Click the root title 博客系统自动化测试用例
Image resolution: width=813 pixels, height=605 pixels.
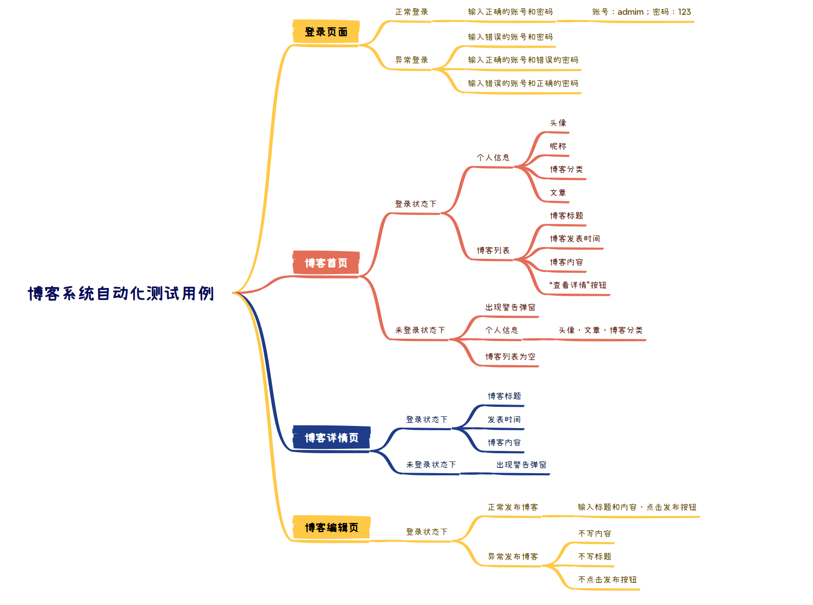121,294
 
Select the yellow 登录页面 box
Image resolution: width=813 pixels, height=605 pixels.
326,32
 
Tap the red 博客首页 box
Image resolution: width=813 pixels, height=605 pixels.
326,263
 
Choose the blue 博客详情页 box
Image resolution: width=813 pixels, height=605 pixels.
331,438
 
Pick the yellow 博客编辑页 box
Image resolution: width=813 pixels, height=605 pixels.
331,527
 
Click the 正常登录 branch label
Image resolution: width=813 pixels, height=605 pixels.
411,12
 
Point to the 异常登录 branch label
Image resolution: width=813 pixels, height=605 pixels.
411,60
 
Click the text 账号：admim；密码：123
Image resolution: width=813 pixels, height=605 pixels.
641,12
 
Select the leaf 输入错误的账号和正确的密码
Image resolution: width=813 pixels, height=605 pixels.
523,83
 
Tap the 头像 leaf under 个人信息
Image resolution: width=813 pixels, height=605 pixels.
558,123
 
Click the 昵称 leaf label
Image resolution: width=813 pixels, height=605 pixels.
558,146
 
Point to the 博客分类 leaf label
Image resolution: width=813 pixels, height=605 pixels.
566,169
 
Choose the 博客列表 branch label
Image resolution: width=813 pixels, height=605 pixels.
493,250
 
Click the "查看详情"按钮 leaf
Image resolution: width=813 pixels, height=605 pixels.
578,285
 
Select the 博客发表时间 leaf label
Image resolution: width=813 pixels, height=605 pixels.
575,239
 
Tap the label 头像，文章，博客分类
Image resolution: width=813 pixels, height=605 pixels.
601,330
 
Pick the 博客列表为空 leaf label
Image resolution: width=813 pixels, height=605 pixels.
510,356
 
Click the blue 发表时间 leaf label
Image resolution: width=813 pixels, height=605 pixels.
504,419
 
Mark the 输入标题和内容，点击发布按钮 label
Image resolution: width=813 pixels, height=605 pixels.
637,507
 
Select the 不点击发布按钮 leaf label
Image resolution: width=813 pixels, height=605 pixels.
607,579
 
